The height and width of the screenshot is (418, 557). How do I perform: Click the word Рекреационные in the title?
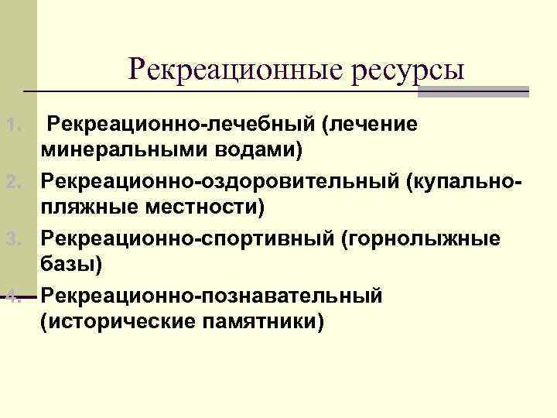(235, 69)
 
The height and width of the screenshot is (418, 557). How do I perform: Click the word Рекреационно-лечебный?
(181, 124)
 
